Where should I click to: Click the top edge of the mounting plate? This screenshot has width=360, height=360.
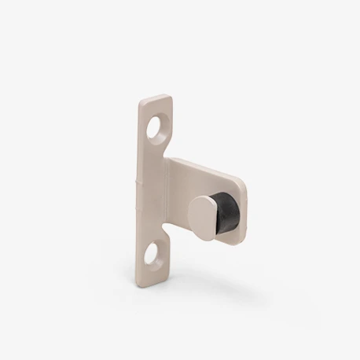(x=156, y=98)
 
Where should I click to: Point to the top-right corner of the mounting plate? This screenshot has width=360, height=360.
(x=171, y=98)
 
